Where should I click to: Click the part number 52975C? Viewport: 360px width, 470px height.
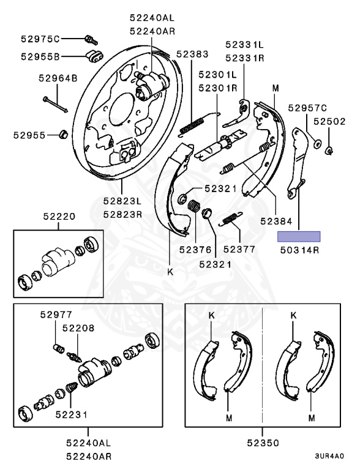40,39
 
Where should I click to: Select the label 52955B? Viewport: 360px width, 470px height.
40,56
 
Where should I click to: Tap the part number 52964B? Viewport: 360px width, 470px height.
58,78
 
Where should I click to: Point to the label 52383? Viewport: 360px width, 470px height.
192,54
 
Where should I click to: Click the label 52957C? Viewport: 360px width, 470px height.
307,108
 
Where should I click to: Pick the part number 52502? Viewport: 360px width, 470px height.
330,121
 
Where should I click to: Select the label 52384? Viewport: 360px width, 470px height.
276,221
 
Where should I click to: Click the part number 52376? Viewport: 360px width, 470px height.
195,250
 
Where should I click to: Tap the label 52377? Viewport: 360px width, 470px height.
239,250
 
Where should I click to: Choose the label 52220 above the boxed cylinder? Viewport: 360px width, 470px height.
59,217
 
